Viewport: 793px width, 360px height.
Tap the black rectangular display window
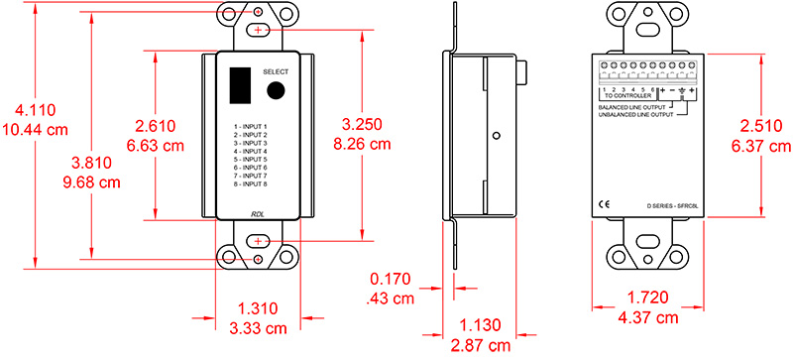pyautogui.click(x=239, y=84)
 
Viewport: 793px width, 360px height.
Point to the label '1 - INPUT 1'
pyautogui.click(x=251, y=127)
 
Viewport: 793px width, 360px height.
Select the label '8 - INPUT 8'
pyautogui.click(x=251, y=184)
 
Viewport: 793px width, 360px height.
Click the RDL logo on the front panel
pyautogui.click(x=257, y=212)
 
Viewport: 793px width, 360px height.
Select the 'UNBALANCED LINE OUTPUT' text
pyautogui.click(x=634, y=115)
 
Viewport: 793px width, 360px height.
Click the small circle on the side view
pyautogui.click(x=497, y=135)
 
